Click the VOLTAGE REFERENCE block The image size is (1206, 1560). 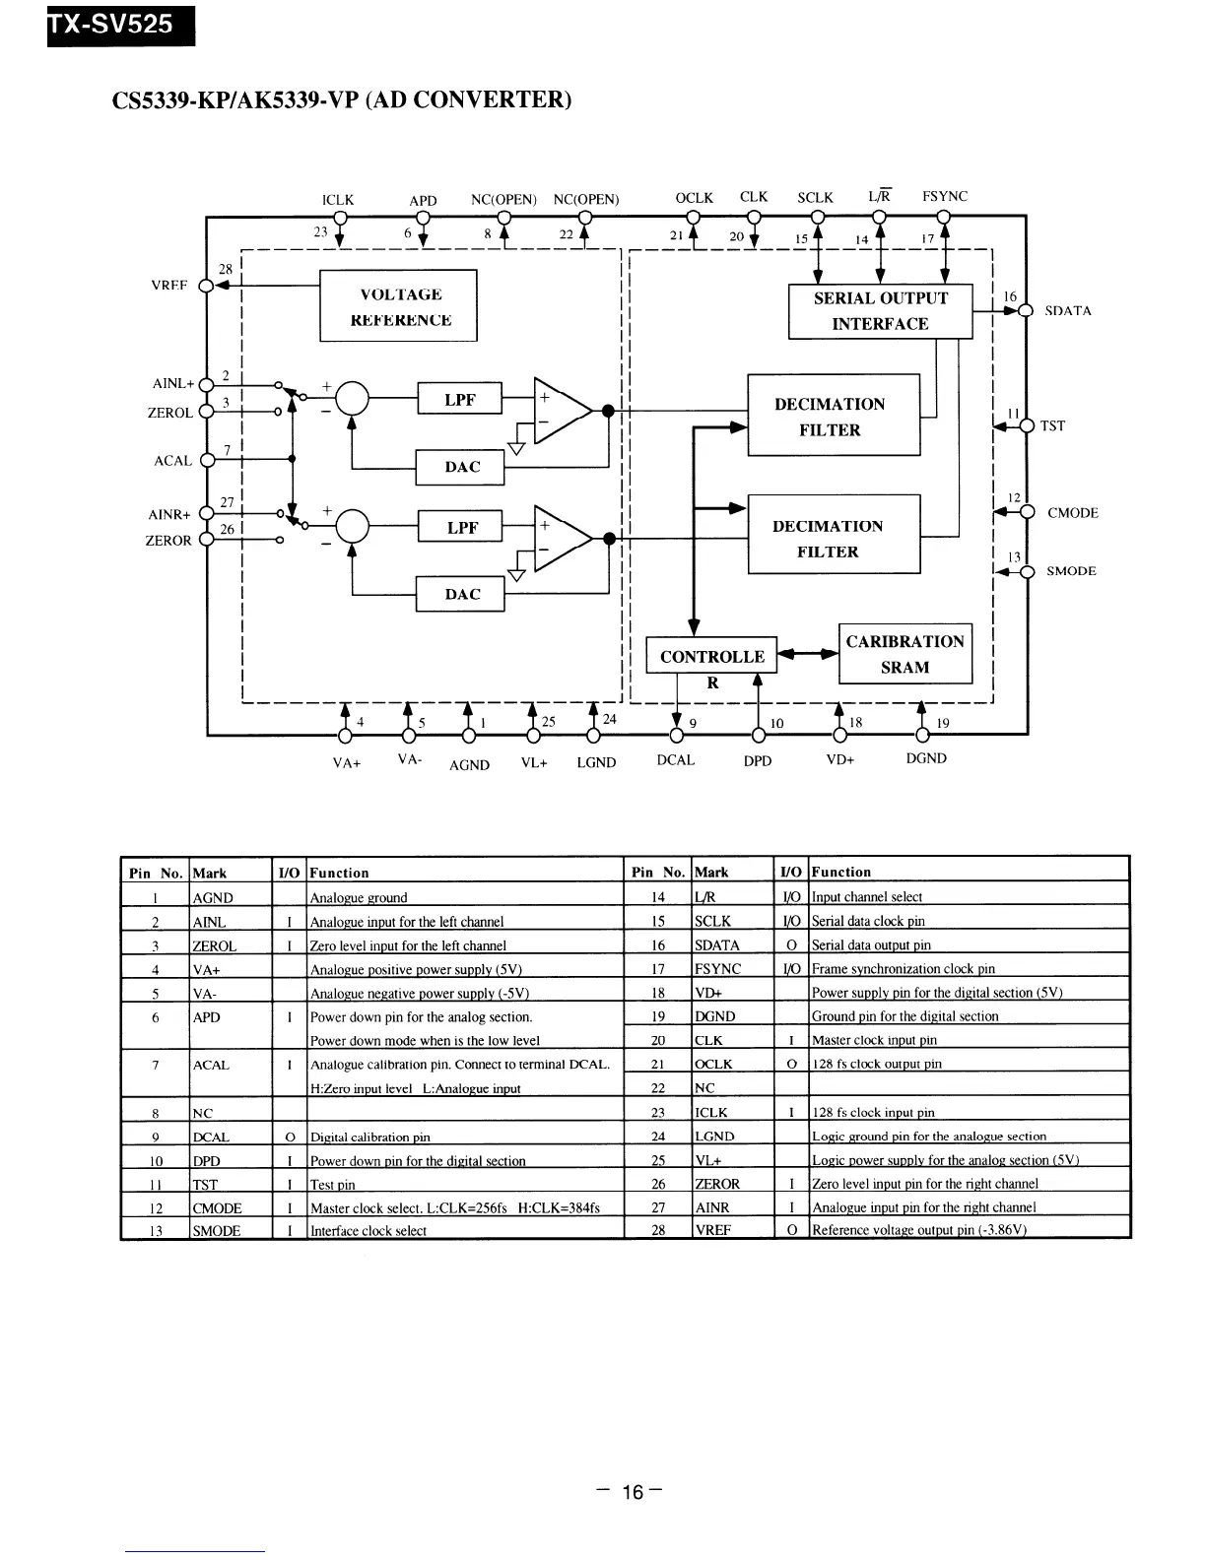pos(399,306)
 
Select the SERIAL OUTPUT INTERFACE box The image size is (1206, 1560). pos(880,311)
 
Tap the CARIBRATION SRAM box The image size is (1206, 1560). pos(904,654)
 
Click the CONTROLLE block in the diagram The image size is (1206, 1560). pos(711,657)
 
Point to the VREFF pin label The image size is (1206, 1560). pos(168,286)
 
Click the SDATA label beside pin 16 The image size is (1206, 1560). pos(1068,311)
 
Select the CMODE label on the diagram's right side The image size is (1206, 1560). pos(1072,513)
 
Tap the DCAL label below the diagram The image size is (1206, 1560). pos(675,760)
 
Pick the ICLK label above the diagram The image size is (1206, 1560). pos(338,200)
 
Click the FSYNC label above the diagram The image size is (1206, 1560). pos(945,197)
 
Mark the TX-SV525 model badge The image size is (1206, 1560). pos(120,24)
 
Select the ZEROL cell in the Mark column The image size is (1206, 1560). pos(215,946)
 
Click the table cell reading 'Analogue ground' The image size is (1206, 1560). pos(359,898)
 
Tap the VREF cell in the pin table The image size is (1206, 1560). pos(713,1230)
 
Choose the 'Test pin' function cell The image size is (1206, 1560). pos(333,1185)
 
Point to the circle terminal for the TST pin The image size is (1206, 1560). pos(1027,426)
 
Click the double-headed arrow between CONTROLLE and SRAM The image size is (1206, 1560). pos(808,653)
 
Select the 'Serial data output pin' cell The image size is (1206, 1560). pos(871,945)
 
